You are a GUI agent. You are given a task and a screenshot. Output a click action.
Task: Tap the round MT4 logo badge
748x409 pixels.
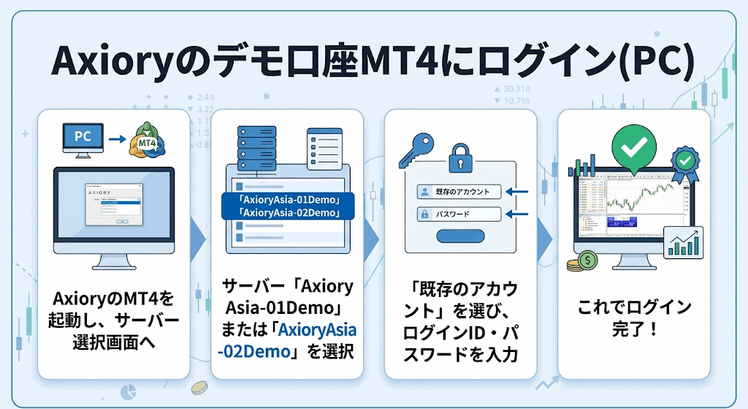pyautogui.click(x=145, y=142)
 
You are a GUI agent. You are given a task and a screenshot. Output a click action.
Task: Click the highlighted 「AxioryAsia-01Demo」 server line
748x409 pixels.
pyautogui.click(x=287, y=200)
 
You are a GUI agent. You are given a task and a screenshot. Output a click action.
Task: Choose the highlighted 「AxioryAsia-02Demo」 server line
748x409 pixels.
pyautogui.click(x=287, y=213)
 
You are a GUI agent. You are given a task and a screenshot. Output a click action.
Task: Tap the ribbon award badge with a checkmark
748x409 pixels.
pyautogui.click(x=684, y=162)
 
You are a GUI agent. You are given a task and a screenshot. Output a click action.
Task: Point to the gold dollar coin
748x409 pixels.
pyautogui.click(x=587, y=260)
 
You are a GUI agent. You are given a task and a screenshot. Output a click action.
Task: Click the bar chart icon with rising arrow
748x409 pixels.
pyautogui.click(x=684, y=242)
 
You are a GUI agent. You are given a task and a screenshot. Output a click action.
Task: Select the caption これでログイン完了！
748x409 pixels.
pyautogui.click(x=634, y=318)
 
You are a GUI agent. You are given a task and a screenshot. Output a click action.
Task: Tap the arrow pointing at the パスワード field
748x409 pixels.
pyautogui.click(x=516, y=214)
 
